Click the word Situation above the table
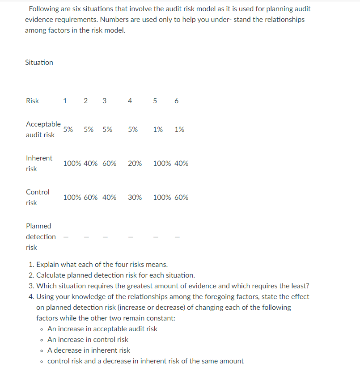(39, 63)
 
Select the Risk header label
(32, 101)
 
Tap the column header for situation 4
(130, 101)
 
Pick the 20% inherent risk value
(135, 164)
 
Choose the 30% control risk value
(135, 198)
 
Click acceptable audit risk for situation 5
(158, 130)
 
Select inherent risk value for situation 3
(109, 164)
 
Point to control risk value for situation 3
(109, 198)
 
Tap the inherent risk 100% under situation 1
(72, 164)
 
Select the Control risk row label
(38, 197)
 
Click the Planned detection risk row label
(41, 236)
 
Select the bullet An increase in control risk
(88, 340)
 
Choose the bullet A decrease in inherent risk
(89, 350)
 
